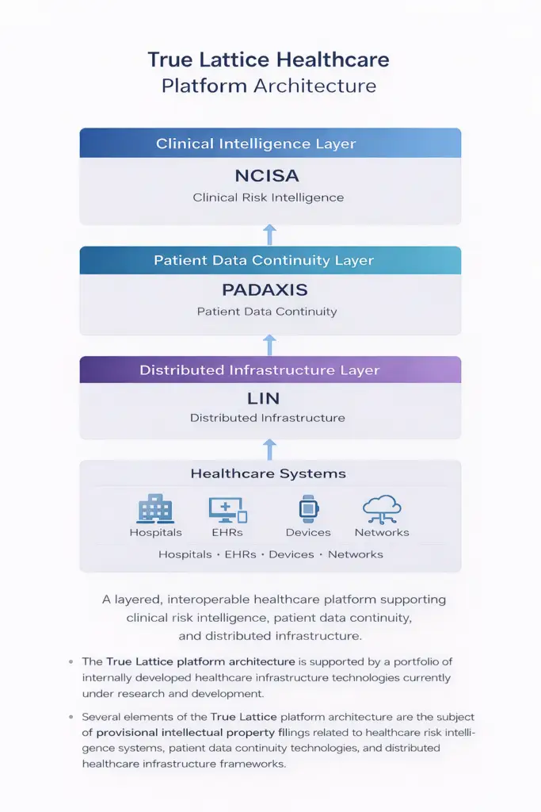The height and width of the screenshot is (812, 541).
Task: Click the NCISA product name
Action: pos(267,175)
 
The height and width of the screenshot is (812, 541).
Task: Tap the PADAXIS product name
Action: pos(265,289)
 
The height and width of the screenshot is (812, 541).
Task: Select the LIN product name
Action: pos(263,398)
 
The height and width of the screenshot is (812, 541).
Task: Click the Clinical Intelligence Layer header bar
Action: pos(270,143)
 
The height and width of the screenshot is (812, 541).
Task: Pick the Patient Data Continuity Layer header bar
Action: pos(270,260)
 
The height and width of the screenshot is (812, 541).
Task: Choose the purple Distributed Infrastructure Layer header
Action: pos(270,370)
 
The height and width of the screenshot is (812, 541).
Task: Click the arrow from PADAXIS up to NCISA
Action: pos(269,235)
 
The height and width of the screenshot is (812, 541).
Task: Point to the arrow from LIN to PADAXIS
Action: pos(269,345)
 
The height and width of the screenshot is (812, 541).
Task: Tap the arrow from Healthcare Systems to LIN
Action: pos(269,450)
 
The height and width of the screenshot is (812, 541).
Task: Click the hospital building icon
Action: pos(155,508)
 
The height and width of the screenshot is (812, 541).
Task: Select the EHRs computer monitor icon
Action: pos(227,510)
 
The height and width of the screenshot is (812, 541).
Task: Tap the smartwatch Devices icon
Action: pos(308,508)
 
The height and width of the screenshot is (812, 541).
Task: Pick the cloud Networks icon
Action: pos(382,509)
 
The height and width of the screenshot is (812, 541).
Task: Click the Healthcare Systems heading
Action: pos(268,473)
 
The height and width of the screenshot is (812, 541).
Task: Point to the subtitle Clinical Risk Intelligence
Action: pos(268,197)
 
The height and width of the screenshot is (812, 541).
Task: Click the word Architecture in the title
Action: pos(314,86)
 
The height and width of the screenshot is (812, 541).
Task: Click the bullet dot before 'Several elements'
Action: pos(70,717)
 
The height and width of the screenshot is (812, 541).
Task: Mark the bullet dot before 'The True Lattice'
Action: pos(70,662)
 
